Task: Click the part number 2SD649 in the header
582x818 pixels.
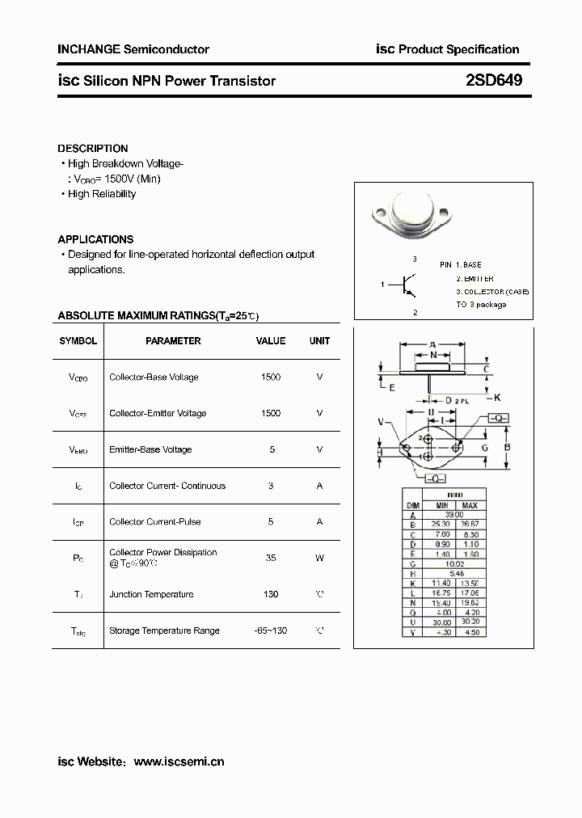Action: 494,80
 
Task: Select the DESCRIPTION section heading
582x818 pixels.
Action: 93,149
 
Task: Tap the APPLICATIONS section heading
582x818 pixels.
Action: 95,239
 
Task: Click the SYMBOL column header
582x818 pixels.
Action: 78,341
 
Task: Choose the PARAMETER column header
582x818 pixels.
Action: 173,341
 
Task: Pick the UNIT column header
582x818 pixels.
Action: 319,341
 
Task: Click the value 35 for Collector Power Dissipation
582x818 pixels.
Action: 271,558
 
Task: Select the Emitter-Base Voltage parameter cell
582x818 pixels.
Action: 150,449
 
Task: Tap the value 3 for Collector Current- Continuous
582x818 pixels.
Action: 271,486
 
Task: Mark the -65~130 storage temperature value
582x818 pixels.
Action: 271,630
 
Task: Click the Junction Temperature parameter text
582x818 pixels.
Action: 151,594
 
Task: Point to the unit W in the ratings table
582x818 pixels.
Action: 319,558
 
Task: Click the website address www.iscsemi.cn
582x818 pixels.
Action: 179,761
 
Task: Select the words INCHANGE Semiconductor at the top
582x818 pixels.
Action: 133,49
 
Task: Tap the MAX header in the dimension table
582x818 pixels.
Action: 470,506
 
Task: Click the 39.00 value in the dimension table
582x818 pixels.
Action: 454,515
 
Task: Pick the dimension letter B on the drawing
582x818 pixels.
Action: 507,447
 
